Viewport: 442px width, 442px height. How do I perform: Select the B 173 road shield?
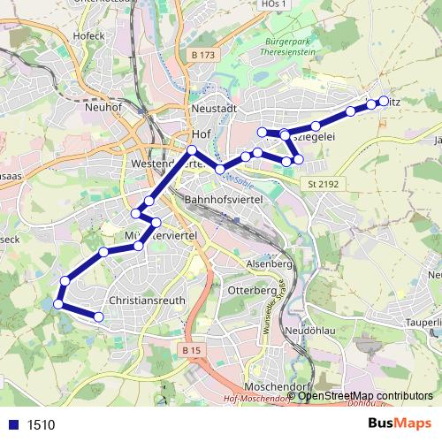click(x=203, y=56)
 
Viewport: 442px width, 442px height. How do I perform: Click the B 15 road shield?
click(x=192, y=351)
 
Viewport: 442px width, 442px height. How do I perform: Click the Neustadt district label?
click(x=213, y=108)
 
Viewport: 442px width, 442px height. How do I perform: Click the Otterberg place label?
click(x=253, y=290)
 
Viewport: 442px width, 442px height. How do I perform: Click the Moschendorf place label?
click(x=260, y=387)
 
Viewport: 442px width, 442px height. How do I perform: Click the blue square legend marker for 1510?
click(x=12, y=424)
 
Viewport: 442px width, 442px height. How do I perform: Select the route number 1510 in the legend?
click(x=41, y=424)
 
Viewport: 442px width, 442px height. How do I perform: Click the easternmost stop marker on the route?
click(x=384, y=101)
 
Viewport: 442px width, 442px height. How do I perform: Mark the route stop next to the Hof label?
click(x=191, y=149)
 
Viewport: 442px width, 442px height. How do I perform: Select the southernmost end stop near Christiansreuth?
click(x=99, y=316)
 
